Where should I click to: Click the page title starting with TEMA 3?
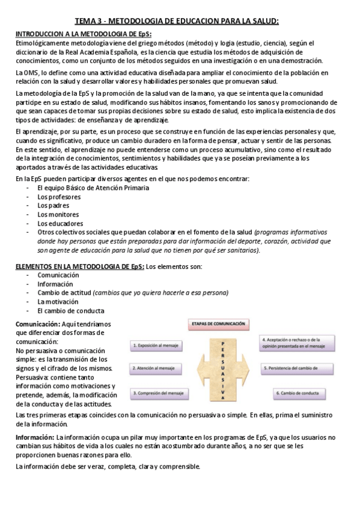pyautogui.click(x=180, y=22)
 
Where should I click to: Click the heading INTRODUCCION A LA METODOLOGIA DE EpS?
pyautogui.click(x=83, y=34)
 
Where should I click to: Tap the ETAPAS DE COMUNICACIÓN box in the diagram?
pyautogui.click(x=218, y=324)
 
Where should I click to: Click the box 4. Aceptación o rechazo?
pyautogui.click(x=293, y=343)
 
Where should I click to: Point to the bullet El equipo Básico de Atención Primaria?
pyautogui.click(x=93, y=188)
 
